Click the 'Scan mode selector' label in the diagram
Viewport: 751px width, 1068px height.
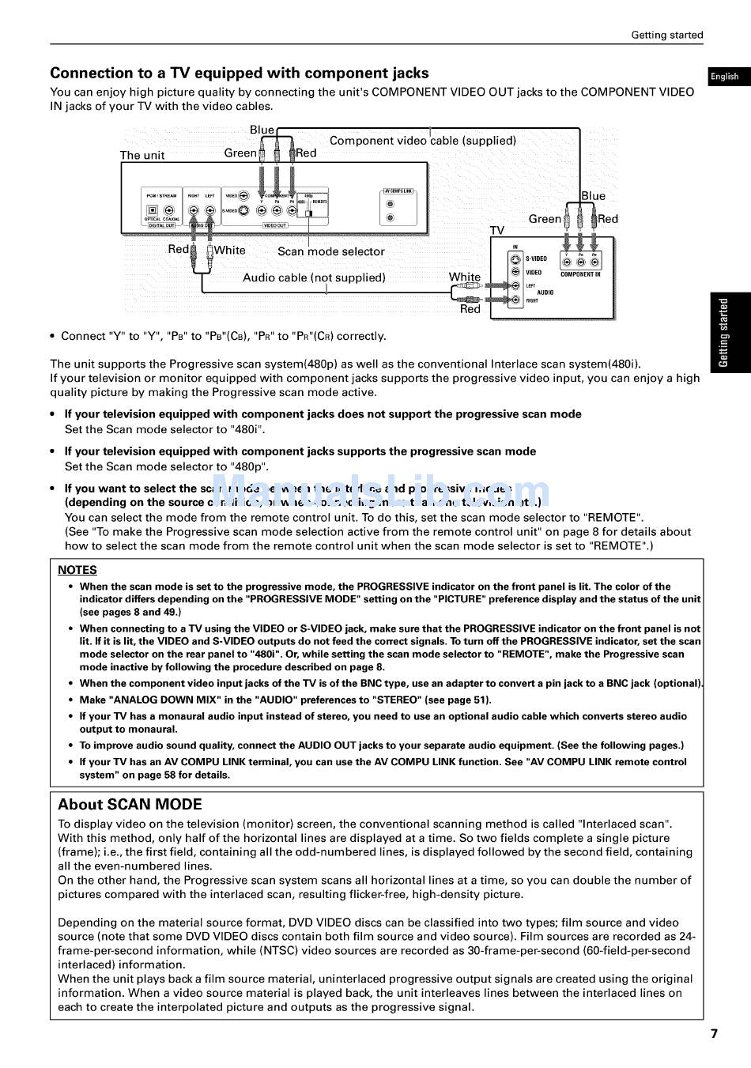[330, 251]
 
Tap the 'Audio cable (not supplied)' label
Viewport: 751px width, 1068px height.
[314, 277]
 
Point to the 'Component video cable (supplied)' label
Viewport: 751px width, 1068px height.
[422, 141]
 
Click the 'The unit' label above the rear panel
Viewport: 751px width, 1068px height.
[142, 155]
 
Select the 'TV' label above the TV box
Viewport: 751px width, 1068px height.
[496, 230]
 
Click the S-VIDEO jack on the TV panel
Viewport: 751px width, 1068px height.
[515, 259]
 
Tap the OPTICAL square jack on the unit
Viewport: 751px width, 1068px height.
[153, 210]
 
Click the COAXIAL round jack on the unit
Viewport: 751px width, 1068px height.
[169, 210]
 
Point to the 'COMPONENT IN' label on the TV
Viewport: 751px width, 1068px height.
[580, 274]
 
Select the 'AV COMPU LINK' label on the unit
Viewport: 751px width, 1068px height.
[398, 191]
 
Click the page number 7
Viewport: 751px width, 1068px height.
[714, 1033]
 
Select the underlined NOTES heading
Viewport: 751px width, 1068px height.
[77, 570]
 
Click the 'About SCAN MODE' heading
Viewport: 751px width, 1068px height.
[130, 805]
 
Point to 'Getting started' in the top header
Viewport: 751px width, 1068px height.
[666, 35]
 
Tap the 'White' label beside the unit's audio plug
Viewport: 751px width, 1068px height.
[229, 250]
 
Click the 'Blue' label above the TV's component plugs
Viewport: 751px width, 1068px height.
[593, 196]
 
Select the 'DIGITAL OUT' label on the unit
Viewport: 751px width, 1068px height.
[161, 225]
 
